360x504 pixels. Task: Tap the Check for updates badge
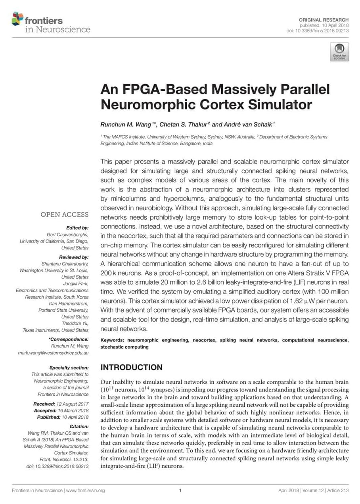coord(339,52)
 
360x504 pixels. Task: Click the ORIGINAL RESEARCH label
coord(329,20)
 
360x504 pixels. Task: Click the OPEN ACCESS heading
coord(65,215)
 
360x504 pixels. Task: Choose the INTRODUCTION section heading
coord(131,367)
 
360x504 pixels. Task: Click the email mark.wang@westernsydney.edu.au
coord(54,353)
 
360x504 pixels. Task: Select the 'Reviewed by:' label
coord(74,257)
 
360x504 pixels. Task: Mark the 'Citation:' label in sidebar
coord(79,427)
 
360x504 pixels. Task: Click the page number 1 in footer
coord(180,491)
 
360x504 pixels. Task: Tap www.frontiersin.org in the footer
coord(85,491)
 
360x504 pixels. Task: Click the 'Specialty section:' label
coord(69,368)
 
